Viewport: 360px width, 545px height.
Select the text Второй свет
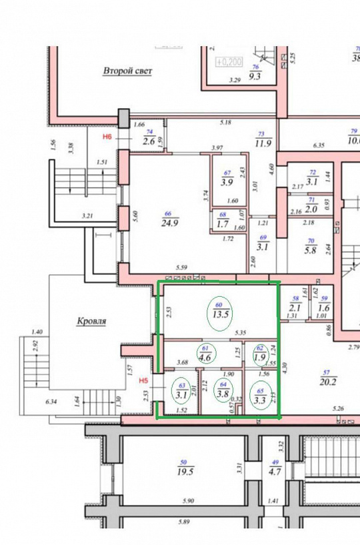point(127,70)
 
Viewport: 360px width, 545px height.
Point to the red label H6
point(106,137)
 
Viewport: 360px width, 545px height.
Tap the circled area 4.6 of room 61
point(206,356)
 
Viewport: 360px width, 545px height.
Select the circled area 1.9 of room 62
point(261,356)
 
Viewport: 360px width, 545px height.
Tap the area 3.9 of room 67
point(227,183)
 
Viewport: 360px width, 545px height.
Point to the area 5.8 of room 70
point(311,250)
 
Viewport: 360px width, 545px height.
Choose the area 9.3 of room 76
point(255,77)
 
